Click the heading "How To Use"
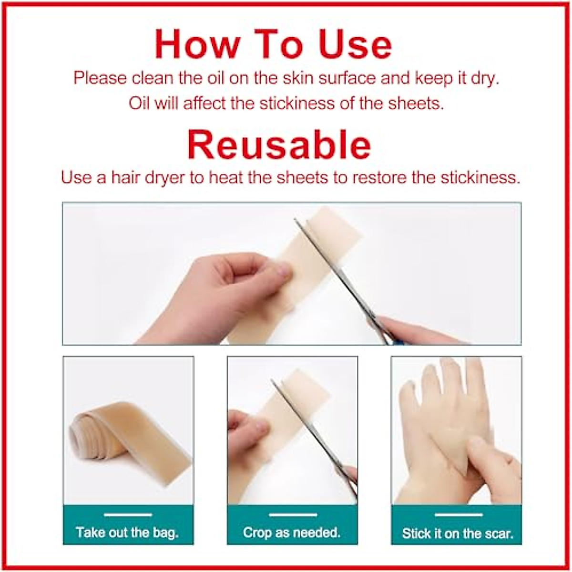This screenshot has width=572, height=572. point(273,44)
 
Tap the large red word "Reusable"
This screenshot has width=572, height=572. point(279,144)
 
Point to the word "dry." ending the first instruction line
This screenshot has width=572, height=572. point(485,78)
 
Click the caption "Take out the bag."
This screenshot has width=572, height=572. point(127,532)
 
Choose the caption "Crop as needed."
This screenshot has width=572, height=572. point(292,532)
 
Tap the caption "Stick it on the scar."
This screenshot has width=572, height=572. point(457,533)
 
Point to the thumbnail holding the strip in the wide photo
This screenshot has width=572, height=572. point(282,270)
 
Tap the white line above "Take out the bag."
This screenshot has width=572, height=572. point(128,515)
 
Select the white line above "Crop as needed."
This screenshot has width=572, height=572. point(293,515)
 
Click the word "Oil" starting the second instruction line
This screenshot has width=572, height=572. point(139,103)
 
